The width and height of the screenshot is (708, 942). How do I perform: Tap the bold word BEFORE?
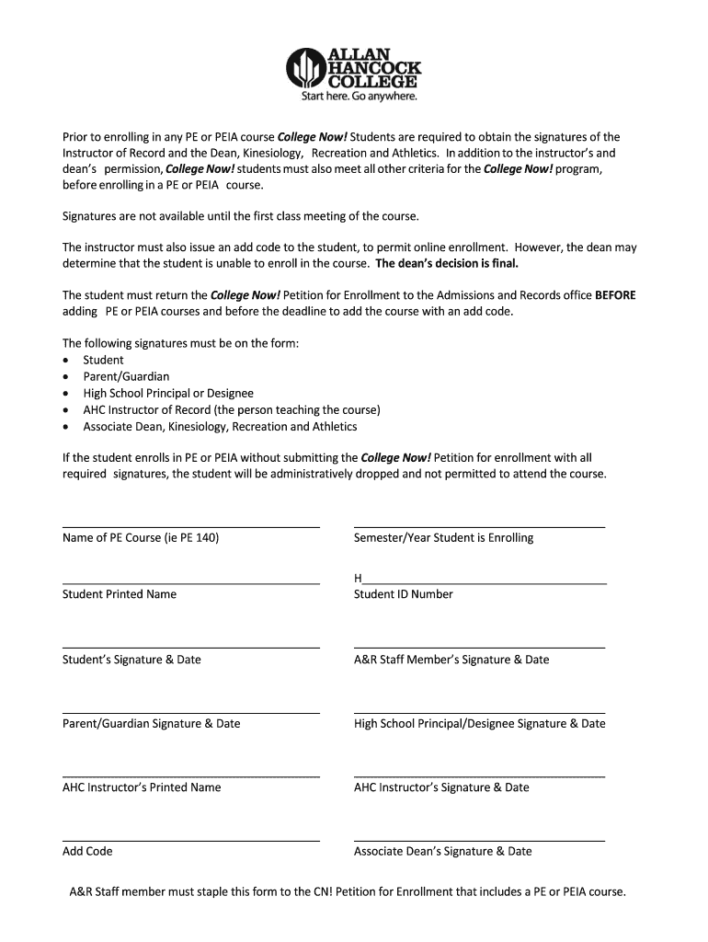pos(615,296)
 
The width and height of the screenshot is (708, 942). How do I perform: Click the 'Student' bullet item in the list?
pos(103,361)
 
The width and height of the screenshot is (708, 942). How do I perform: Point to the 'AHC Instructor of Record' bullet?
pos(231,410)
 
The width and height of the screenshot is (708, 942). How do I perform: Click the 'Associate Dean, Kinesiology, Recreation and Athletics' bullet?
pos(220,427)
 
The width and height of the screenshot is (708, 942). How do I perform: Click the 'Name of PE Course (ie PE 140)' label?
pos(141,538)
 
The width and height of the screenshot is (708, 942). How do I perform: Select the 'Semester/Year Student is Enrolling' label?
pos(443,538)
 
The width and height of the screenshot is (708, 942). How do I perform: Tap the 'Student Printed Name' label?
pos(120,594)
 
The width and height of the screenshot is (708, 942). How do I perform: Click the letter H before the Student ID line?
pos(358,579)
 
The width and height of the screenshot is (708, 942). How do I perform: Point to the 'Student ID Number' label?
pos(404,594)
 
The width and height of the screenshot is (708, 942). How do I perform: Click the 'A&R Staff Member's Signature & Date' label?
pos(451,660)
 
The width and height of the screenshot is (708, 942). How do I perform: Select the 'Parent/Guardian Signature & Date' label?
pos(152,724)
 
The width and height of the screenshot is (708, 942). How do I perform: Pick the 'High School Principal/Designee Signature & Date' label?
pos(479,724)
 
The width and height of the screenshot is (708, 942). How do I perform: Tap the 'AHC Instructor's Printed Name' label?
pos(142,787)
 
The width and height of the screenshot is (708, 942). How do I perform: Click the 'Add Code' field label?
pos(87,852)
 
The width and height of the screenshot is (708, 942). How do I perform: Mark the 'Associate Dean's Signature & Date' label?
pos(443,852)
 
